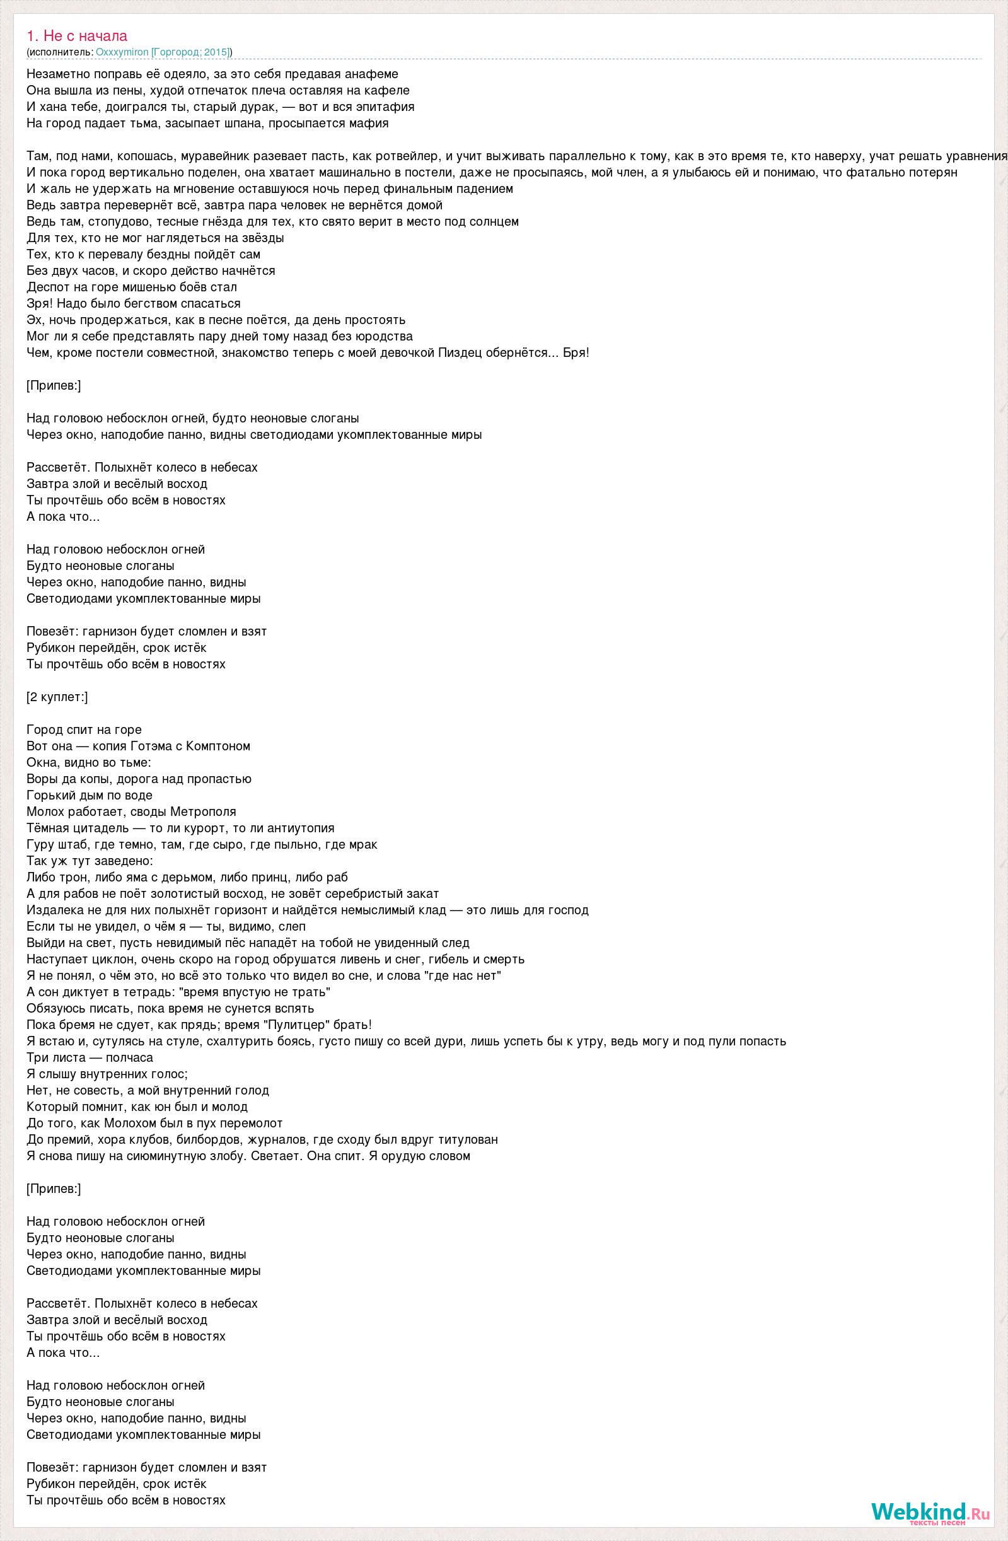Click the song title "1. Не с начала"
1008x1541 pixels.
coord(77,37)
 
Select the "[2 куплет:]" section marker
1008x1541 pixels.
coord(57,697)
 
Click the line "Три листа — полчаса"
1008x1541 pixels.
coord(90,1057)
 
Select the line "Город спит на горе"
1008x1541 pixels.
coord(84,729)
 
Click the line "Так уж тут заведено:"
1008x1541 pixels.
coord(90,861)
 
